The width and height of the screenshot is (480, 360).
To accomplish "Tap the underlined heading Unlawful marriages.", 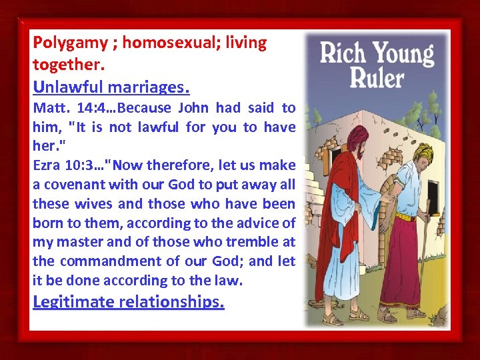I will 111,87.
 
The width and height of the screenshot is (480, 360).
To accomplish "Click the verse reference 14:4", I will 82,108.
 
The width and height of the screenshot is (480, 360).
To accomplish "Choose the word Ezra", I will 46,165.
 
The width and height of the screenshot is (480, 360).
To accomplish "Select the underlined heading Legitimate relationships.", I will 129,302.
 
